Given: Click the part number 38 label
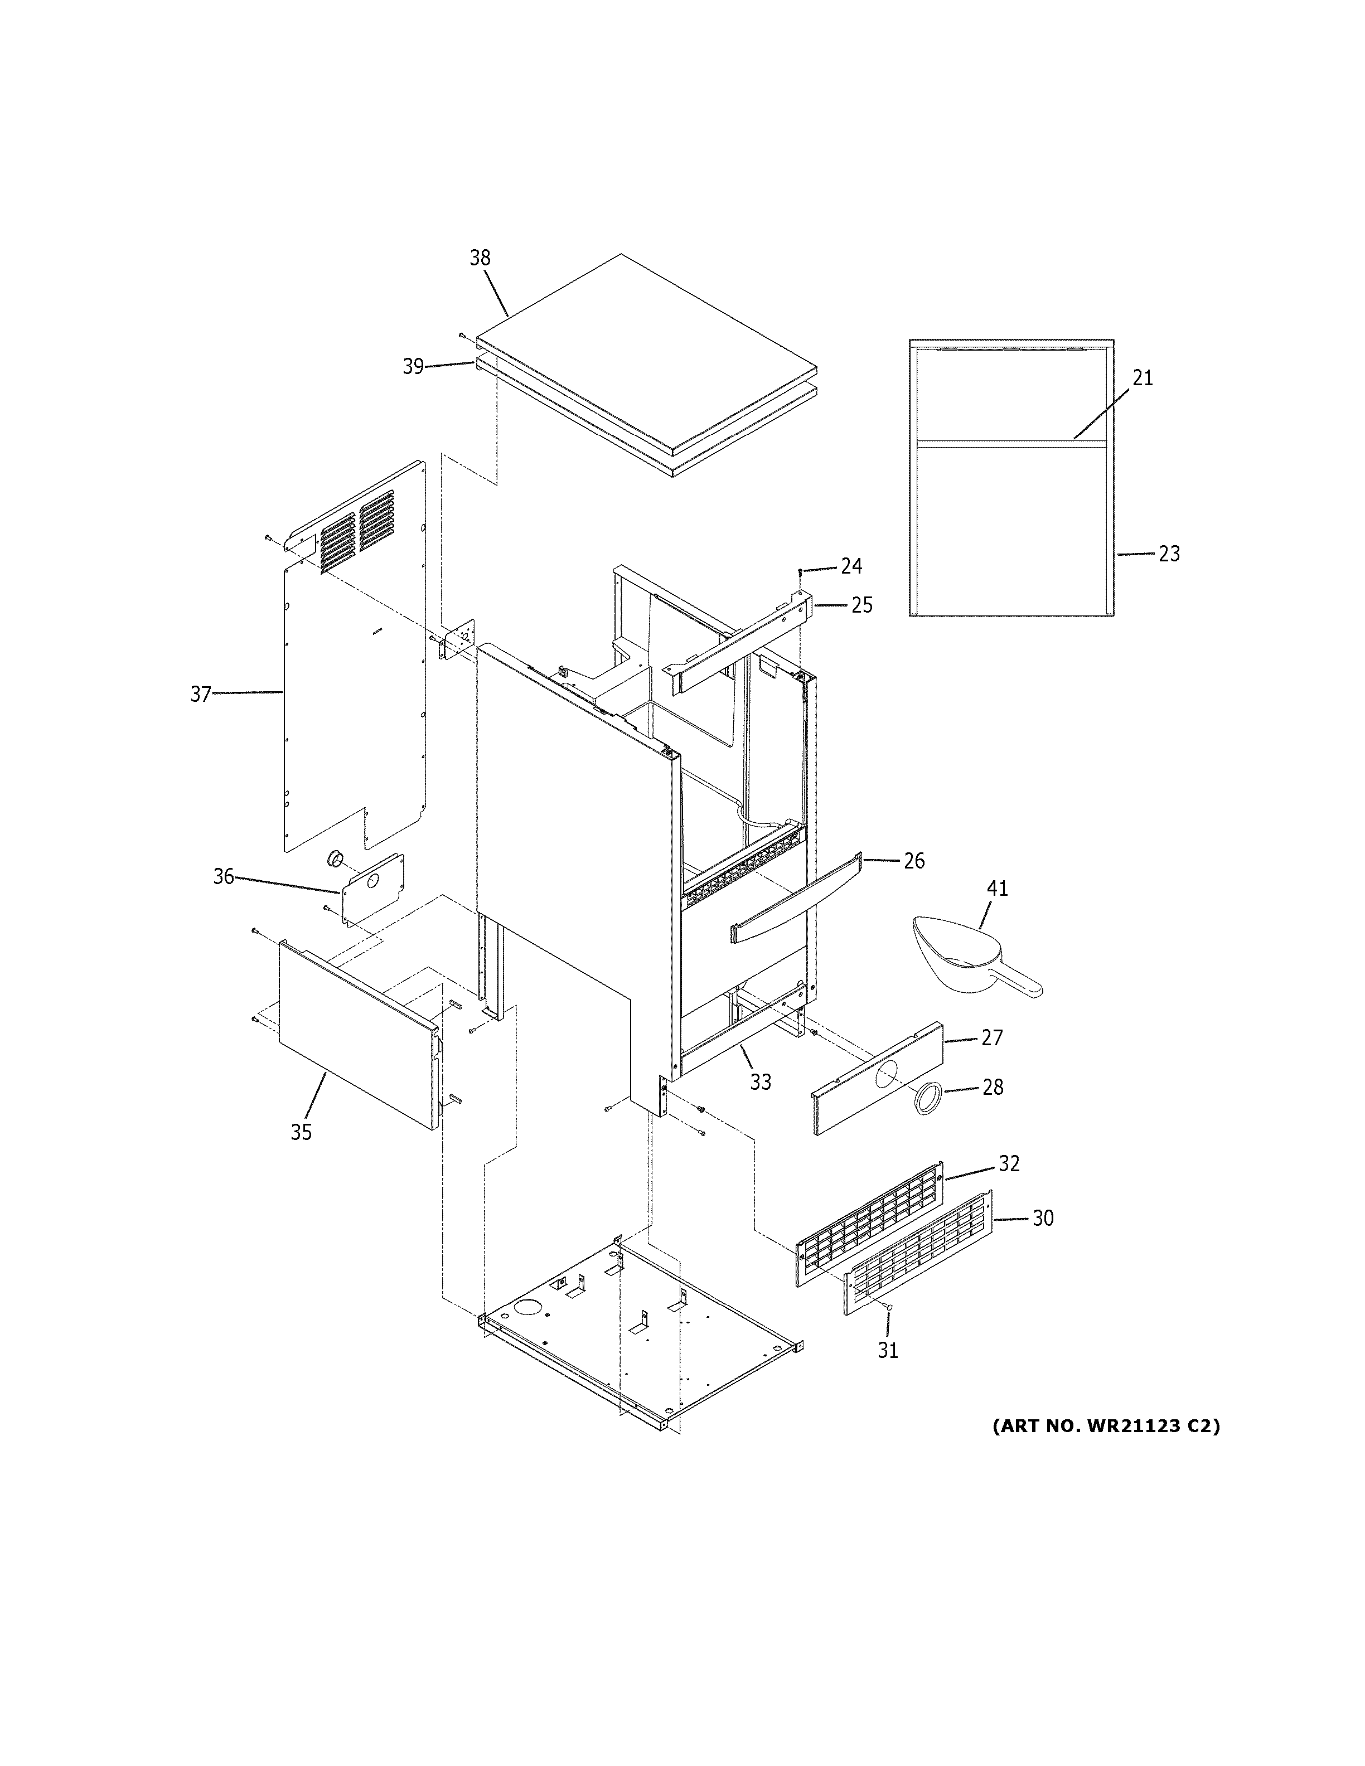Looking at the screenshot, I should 480,258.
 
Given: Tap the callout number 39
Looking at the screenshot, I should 413,367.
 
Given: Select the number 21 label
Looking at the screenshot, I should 1142,377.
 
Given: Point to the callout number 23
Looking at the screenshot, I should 1169,554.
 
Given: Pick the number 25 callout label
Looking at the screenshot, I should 861,605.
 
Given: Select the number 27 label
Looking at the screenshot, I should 991,1037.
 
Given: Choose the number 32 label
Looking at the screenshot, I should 1008,1163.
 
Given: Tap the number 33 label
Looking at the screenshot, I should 760,1082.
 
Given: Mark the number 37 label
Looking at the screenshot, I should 201,694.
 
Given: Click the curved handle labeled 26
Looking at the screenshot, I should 796,899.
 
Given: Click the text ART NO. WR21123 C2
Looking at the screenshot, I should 1105,1425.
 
